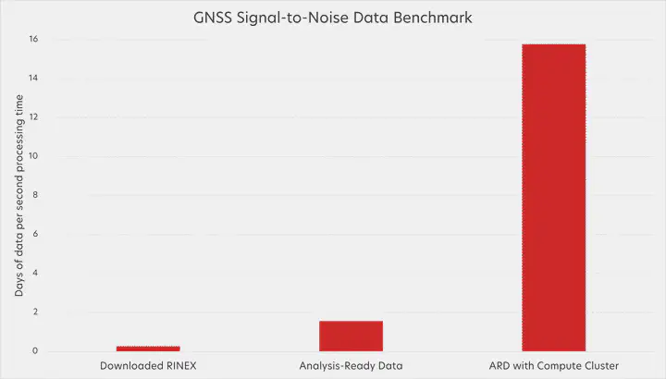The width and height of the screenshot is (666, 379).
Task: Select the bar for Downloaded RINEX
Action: [x=148, y=348]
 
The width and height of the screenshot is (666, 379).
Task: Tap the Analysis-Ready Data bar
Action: [x=351, y=336]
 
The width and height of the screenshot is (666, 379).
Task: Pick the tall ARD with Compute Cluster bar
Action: [x=553, y=197]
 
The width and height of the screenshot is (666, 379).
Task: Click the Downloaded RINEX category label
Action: [x=148, y=366]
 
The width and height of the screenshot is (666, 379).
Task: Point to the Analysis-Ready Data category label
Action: [x=351, y=366]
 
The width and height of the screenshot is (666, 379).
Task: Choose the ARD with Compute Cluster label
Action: [x=553, y=366]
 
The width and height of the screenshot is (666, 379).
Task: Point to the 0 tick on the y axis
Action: [x=35, y=351]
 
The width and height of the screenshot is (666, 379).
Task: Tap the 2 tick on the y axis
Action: [x=35, y=312]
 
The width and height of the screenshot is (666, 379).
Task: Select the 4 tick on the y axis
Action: [x=35, y=274]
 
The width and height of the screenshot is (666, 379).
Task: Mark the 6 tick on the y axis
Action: [x=35, y=235]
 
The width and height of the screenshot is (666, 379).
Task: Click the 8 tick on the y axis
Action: [x=35, y=195]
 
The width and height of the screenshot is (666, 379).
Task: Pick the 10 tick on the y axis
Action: [x=33, y=156]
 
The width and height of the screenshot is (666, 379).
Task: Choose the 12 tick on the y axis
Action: [x=33, y=117]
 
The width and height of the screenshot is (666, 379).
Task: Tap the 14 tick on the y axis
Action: [x=33, y=79]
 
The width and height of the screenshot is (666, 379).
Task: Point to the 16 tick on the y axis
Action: [x=33, y=40]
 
